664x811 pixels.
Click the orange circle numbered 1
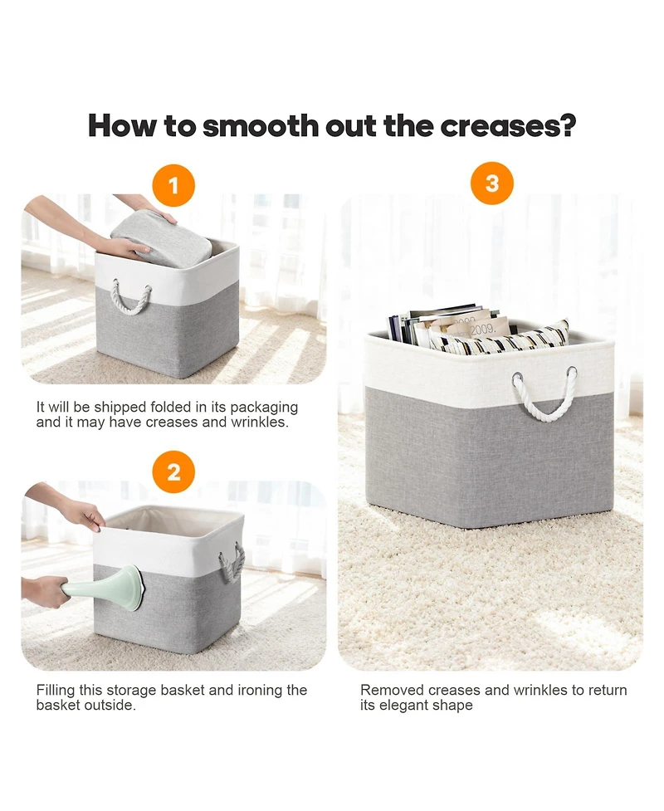click(x=173, y=185)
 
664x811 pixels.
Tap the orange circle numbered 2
click(x=173, y=472)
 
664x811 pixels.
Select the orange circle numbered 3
click(x=492, y=183)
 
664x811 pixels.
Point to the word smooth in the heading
click(x=261, y=125)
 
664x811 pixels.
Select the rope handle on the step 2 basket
click(x=232, y=562)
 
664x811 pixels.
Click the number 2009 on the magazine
click(x=482, y=328)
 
